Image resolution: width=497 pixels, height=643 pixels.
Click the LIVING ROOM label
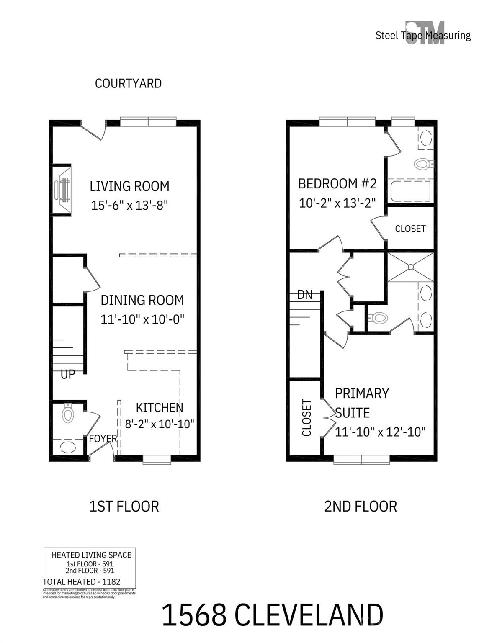coord(129,186)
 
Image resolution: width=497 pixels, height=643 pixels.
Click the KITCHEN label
coord(160,407)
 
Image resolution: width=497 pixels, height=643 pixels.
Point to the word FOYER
coord(103,439)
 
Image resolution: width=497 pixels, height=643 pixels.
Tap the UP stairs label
coord(68,374)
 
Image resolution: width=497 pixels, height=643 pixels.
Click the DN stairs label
coord(305,295)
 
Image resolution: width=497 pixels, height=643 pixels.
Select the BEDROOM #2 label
coord(337,183)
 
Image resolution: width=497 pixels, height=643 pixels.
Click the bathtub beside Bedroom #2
coord(410,191)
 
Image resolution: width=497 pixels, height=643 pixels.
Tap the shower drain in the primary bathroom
coord(411,267)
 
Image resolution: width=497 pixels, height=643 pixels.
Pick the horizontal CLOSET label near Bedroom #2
coord(410,229)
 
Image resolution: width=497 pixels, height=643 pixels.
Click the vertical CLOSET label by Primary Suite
coord(306,418)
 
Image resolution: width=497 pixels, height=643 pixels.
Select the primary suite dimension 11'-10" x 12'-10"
coord(380,432)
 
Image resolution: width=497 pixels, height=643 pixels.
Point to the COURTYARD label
coord(128,83)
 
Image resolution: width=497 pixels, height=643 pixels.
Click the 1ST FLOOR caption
coord(124,506)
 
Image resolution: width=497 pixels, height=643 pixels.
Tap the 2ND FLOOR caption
coord(361,506)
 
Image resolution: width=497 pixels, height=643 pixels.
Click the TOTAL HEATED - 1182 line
coord(82,581)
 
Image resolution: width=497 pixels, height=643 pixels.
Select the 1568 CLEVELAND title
coord(272,615)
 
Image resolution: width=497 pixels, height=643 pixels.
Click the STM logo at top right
coord(425,33)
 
